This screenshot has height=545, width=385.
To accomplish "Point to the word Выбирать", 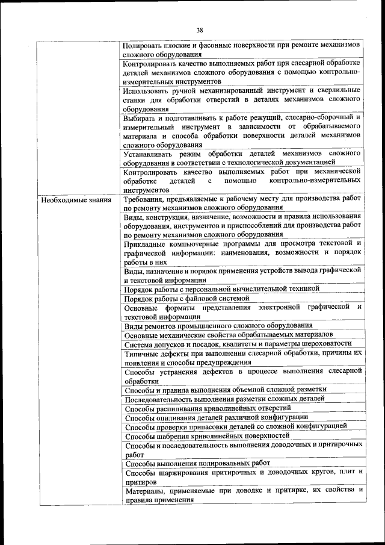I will [141, 117].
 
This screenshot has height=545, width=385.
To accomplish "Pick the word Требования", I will [145, 199].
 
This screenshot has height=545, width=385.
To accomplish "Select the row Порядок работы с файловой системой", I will [186, 298].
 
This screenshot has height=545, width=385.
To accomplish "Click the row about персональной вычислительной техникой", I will [221, 289].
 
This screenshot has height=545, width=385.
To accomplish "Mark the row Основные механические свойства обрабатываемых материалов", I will [228, 335].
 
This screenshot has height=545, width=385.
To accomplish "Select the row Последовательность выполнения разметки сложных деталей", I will [224, 399].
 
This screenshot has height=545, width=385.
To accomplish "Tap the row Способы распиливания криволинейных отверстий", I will [203, 408].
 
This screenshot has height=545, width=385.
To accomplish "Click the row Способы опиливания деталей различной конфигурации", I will [216, 417].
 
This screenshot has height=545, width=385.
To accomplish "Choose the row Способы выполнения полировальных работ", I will [197, 463].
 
